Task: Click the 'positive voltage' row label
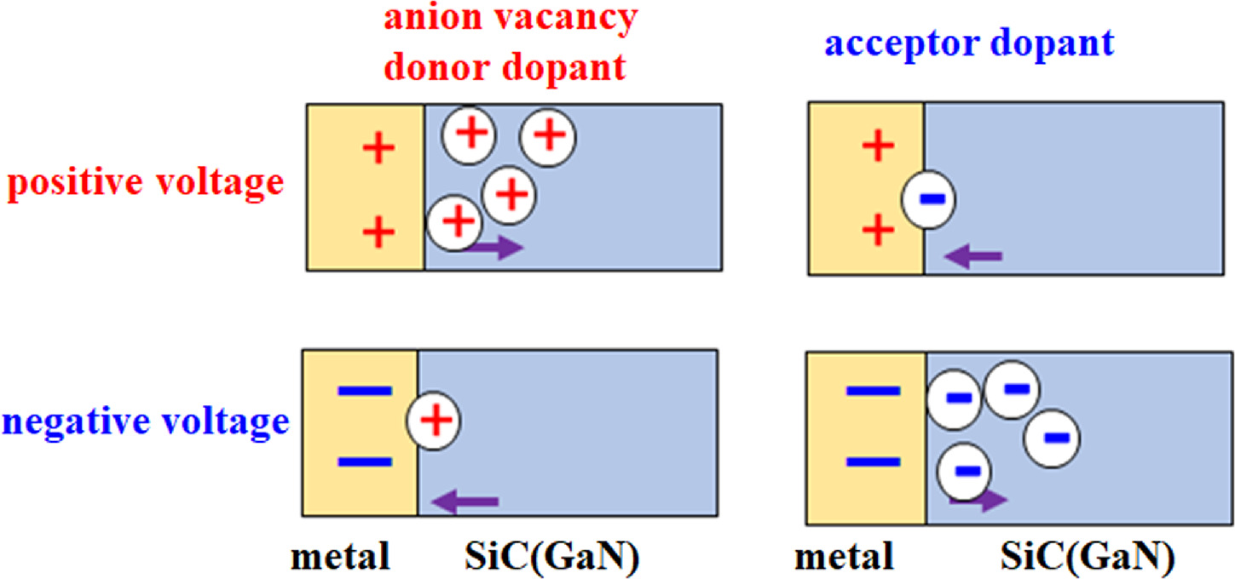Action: point(143,183)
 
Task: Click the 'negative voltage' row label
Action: point(144,420)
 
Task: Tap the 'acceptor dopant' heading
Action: point(969,43)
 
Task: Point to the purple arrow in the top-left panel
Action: point(495,248)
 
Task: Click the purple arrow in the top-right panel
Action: point(974,255)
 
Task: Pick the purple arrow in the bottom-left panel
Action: point(465,502)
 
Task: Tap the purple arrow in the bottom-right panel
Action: point(978,501)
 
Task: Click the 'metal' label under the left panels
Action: point(340,557)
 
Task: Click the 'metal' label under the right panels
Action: point(844,557)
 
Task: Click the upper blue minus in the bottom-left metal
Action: point(365,391)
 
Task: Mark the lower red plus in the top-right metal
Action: point(878,230)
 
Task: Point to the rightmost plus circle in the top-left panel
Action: point(548,134)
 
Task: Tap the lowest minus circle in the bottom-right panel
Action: point(964,471)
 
